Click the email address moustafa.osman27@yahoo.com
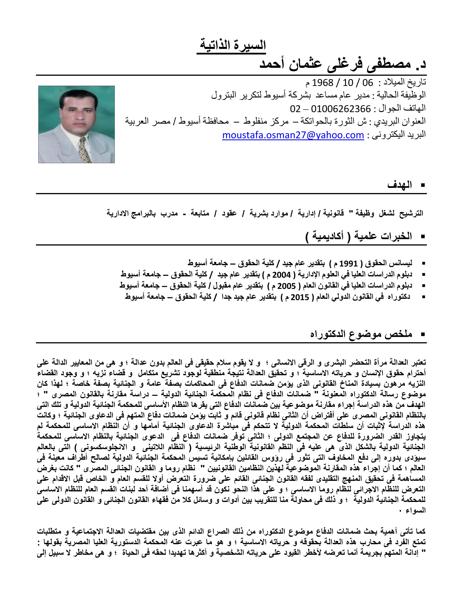click(x=293, y=135)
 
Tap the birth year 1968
click(x=323, y=83)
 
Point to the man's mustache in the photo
click(x=76, y=121)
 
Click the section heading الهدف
click(x=400, y=185)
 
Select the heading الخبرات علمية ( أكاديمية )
click(x=358, y=236)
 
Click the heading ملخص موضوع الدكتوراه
click(x=361, y=334)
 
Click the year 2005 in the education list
click(x=287, y=286)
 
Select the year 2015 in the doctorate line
click(x=300, y=297)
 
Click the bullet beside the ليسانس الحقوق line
click(x=423, y=263)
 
